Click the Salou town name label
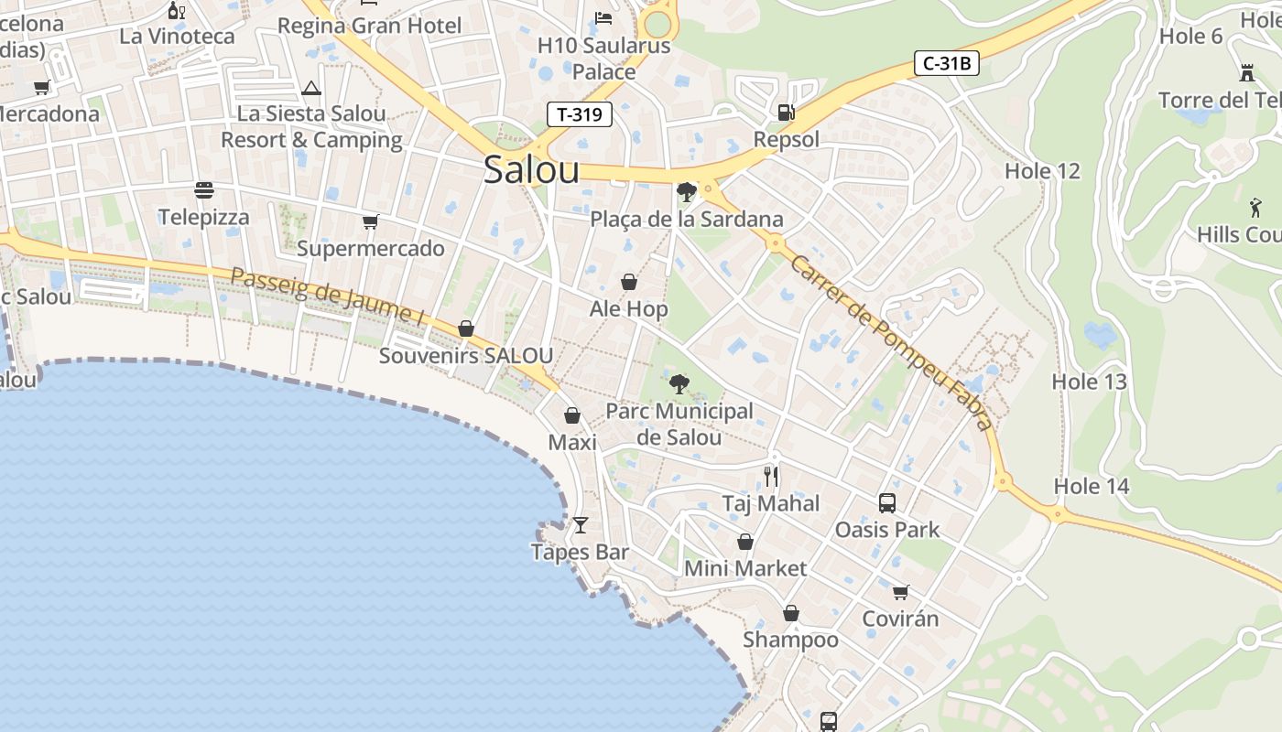pos(531,170)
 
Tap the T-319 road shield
pos(579,114)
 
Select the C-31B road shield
pos(947,64)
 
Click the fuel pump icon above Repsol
pos(786,113)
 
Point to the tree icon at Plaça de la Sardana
pos(685,192)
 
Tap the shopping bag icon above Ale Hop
pos(629,282)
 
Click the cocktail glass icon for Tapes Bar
pos(580,525)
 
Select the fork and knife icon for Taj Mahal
pos(771,477)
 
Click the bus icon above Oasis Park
pos(886,502)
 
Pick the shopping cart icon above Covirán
pos(900,592)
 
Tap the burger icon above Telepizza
pos(204,190)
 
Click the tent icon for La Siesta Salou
pos(311,89)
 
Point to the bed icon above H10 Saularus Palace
pos(603,18)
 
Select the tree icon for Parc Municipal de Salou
pos(679,383)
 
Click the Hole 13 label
pos(1089,382)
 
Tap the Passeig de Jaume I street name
pos(327,296)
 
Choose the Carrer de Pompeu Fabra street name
pos(891,342)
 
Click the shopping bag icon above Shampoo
pos(790,613)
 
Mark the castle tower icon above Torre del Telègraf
pos(1246,73)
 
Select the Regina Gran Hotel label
pos(369,26)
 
